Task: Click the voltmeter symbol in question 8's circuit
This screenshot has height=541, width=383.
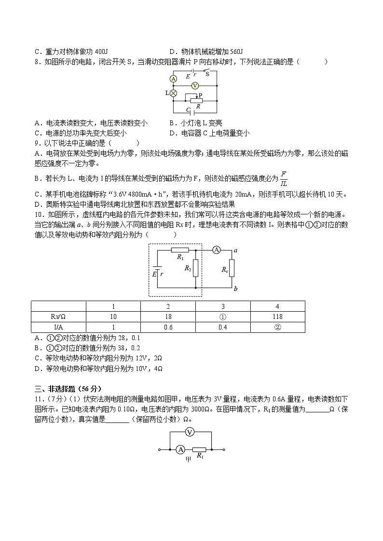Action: [194, 85]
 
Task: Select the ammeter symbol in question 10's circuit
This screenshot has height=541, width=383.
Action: [217, 250]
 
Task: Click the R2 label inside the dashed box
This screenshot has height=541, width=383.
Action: [188, 268]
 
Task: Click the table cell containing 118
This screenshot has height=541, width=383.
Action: [277, 317]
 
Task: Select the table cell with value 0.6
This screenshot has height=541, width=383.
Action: [168, 327]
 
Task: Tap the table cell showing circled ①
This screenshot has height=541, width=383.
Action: [223, 317]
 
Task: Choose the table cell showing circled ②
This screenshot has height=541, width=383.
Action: [277, 327]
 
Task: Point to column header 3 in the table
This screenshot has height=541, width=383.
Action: [223, 306]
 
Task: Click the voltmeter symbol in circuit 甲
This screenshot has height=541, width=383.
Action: [190, 432]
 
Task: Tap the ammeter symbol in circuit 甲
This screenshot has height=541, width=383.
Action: [180, 449]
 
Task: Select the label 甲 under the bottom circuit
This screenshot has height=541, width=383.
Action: [189, 460]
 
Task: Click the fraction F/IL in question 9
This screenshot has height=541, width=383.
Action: [283, 179]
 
